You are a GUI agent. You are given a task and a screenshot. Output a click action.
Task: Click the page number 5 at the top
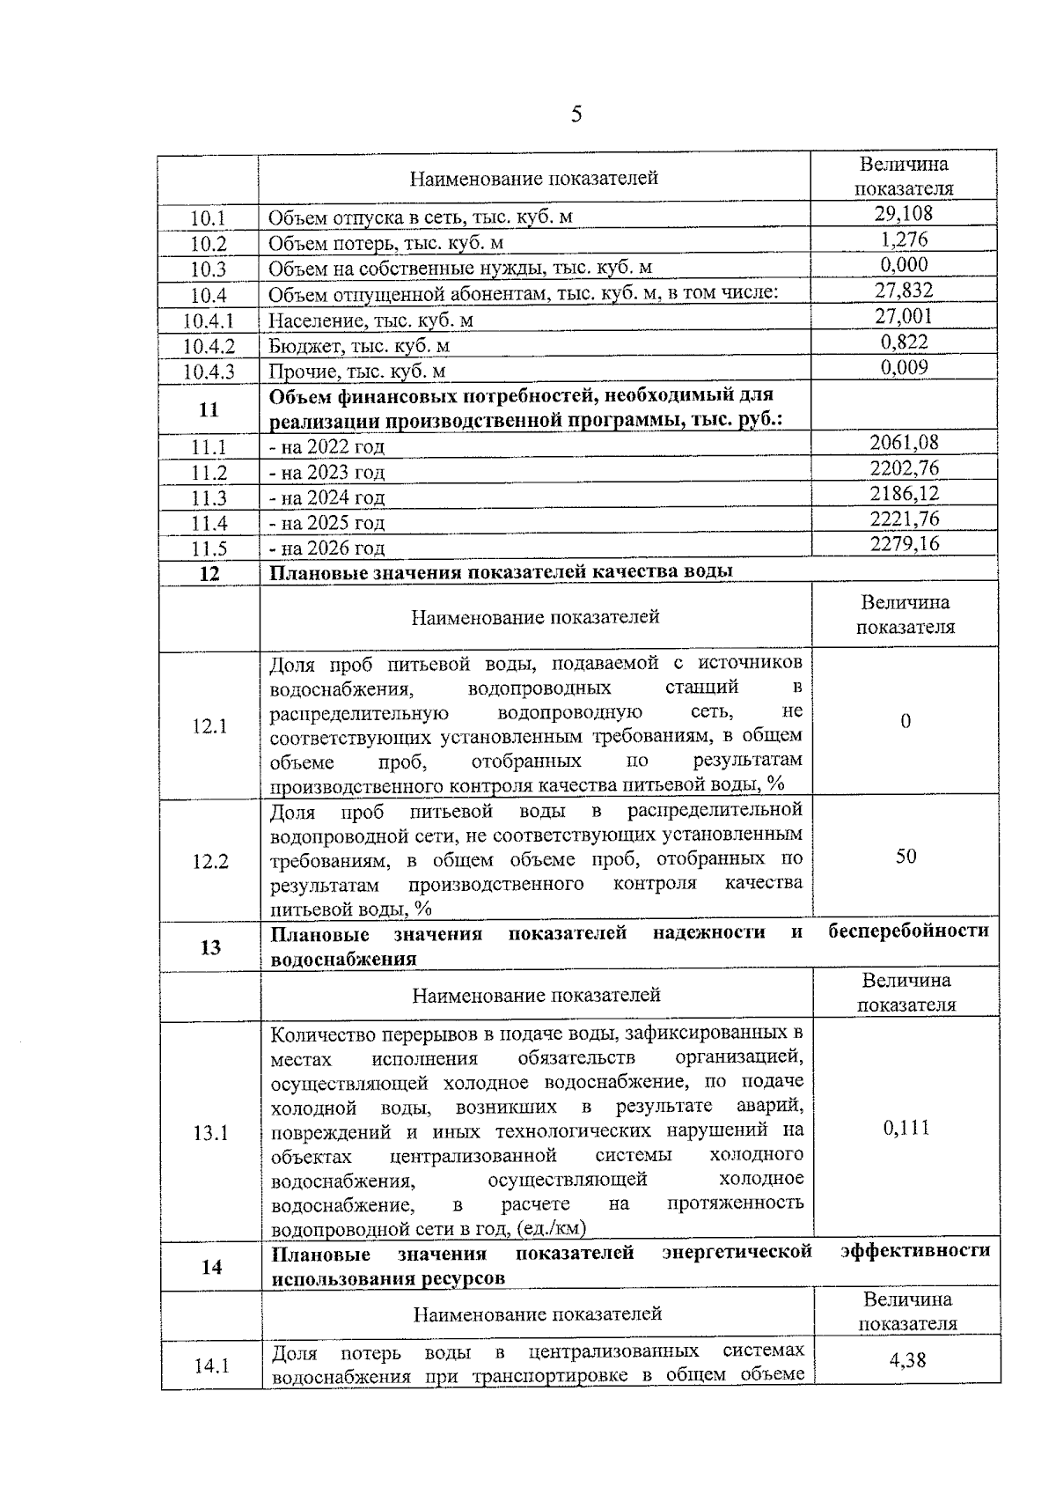pyautogui.click(x=576, y=114)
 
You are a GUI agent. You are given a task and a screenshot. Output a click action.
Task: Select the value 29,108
pyautogui.click(x=904, y=214)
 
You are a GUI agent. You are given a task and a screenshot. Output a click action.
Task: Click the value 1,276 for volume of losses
pyautogui.click(x=904, y=239)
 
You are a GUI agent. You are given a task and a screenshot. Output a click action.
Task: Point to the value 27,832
pyautogui.click(x=904, y=291)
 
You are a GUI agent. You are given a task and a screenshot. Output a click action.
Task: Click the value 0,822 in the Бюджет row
pyautogui.click(x=905, y=342)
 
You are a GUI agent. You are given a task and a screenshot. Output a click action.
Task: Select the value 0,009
pyautogui.click(x=905, y=367)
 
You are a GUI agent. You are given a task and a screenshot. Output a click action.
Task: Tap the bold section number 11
pyautogui.click(x=209, y=409)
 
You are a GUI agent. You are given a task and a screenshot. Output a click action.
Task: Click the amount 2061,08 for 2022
pyautogui.click(x=905, y=442)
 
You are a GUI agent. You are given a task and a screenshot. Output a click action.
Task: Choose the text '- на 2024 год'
pyautogui.click(x=327, y=498)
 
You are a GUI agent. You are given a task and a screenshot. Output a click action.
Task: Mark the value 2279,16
pyautogui.click(x=905, y=543)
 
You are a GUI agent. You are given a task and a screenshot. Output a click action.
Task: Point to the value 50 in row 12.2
pyautogui.click(x=906, y=856)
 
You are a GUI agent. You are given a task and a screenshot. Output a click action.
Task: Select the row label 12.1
pyautogui.click(x=210, y=727)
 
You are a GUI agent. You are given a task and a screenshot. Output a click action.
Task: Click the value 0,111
pyautogui.click(x=906, y=1129)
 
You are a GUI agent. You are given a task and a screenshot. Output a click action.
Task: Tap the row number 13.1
pyautogui.click(x=211, y=1133)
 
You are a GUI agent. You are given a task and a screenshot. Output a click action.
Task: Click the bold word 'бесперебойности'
pyautogui.click(x=909, y=931)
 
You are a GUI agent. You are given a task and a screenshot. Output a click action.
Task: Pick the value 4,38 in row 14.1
pyautogui.click(x=907, y=1360)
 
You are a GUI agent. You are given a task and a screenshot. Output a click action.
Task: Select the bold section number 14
pyautogui.click(x=211, y=1267)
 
